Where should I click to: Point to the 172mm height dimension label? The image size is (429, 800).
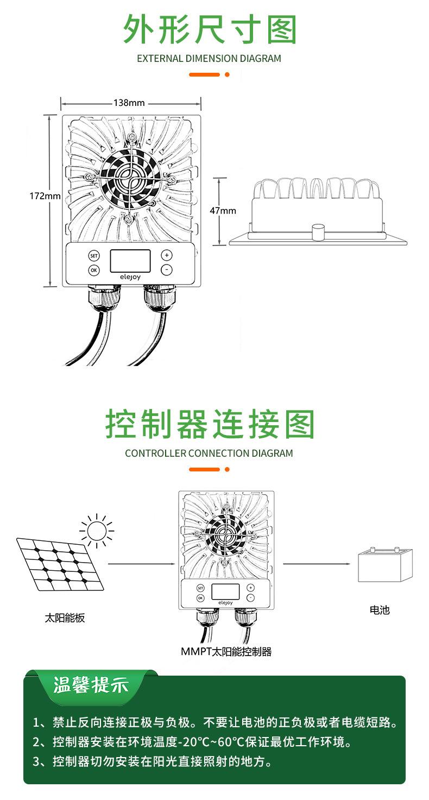pos(45,196)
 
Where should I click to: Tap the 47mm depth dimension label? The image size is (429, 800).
pos(223,210)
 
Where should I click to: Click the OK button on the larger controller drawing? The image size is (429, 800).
pos(94,270)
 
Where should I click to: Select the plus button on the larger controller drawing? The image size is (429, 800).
pos(167,255)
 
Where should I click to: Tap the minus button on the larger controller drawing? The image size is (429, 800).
pos(167,270)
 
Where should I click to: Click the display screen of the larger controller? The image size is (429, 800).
pos(130,261)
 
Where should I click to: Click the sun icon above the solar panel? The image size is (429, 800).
pos(97,530)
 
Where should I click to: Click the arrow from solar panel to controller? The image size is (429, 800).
pos(142,564)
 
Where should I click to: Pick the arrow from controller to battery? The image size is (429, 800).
pos(316,564)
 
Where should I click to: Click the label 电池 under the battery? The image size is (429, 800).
pos(380,610)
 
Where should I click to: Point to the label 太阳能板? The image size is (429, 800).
pos(65,618)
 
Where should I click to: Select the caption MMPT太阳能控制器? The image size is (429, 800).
pos(226,652)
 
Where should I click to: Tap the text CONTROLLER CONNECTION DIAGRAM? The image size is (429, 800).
pos(209,453)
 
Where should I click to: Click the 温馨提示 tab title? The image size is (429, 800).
pos(91,685)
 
